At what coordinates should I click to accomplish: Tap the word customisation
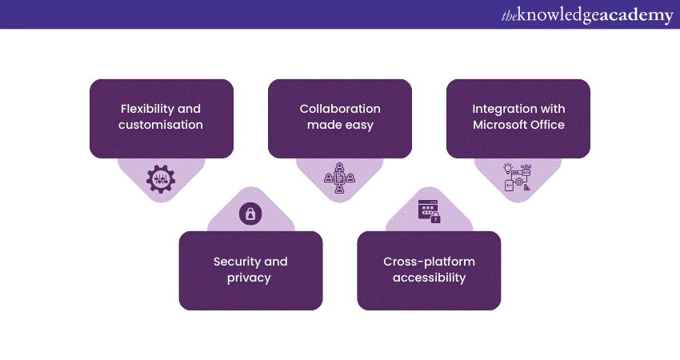point(161,125)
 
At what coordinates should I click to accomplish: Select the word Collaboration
point(340,109)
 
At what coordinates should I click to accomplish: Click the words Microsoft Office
point(518,125)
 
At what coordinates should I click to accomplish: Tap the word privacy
point(250,278)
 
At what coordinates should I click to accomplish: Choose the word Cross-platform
point(429,262)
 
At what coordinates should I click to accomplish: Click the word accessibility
point(429,278)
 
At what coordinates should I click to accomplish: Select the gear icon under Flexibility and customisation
point(161,178)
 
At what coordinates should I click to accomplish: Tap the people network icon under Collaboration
point(339,179)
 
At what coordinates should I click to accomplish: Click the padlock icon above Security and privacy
point(250,214)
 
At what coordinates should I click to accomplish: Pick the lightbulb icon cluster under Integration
point(518,177)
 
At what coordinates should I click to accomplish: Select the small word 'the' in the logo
point(509,15)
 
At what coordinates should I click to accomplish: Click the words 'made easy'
point(340,125)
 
